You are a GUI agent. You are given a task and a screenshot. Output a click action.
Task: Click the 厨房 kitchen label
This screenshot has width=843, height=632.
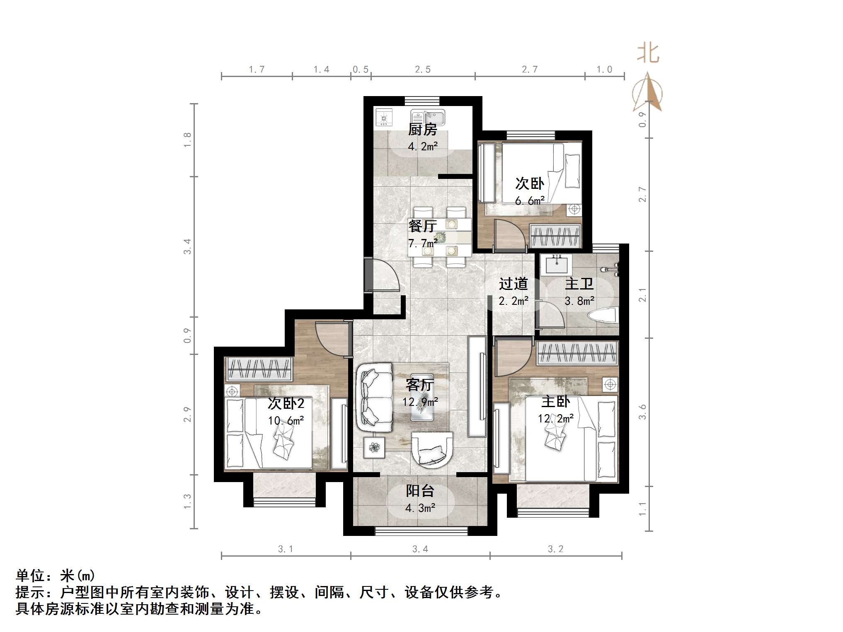(422, 130)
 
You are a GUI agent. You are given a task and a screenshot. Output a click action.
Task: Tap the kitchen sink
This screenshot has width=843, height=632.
(428, 118)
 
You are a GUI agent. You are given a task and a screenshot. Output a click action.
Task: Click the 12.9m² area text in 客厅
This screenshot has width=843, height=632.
(420, 402)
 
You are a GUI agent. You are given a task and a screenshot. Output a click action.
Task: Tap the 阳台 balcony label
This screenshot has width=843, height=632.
(420, 491)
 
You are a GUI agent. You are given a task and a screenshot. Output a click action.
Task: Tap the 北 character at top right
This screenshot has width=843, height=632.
(648, 54)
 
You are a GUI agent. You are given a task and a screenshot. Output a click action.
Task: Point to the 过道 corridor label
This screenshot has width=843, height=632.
(513, 284)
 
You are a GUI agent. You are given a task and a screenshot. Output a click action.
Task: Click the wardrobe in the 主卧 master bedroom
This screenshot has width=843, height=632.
(577, 354)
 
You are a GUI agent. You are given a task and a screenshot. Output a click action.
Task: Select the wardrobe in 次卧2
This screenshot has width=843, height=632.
(259, 369)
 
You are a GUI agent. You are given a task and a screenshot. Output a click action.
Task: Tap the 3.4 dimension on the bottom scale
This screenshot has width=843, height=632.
(420, 549)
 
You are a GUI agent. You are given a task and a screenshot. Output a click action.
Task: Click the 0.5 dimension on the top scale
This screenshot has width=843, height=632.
(360, 70)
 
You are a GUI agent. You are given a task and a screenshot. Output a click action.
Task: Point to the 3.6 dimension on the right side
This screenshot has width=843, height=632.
(642, 412)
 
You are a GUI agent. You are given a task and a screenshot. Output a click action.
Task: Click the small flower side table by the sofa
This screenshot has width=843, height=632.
(374, 447)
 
